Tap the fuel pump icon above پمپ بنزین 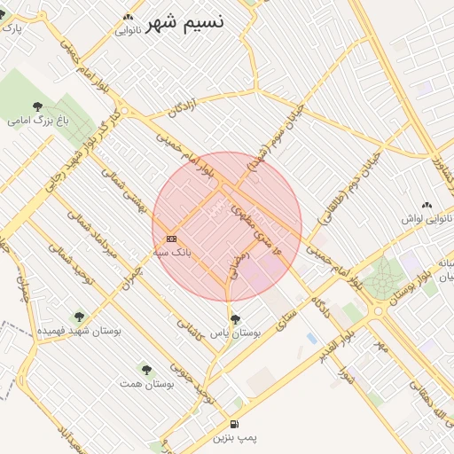[x=234, y=424]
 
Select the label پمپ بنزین [x=234, y=438]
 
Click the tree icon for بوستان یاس [x=235, y=319]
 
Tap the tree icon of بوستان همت [x=145, y=370]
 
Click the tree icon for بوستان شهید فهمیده [x=79, y=317]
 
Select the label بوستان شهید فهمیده [x=79, y=331]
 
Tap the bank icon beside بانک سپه [x=171, y=239]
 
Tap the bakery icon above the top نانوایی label [x=129, y=17]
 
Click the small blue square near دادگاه [x=311, y=338]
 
